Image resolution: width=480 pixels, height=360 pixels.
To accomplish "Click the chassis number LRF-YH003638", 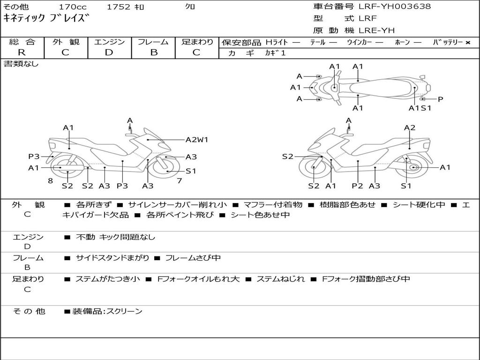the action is point(394,7).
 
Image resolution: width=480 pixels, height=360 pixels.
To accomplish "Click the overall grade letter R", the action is point(22,52).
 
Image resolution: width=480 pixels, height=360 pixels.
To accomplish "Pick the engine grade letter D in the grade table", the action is point(109,52).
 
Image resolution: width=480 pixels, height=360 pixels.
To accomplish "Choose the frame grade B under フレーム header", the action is point(153,52).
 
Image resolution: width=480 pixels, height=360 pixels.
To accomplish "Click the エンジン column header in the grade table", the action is point(109,42).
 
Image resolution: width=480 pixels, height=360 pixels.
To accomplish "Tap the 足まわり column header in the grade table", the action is point(197,42).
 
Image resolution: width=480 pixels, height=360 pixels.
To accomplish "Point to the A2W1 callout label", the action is point(197,139).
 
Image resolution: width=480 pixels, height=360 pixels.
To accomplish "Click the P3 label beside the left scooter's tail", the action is point(34,157).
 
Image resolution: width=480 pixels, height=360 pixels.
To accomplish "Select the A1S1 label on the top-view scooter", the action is point(420,108).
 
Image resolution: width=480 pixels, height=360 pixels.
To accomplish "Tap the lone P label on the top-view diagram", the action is point(440,99).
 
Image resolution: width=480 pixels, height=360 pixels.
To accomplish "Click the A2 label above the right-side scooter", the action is point(410,127).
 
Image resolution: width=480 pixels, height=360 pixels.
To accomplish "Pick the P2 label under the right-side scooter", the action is point(358,186).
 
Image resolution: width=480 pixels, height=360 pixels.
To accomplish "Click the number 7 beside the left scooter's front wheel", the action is point(180,180).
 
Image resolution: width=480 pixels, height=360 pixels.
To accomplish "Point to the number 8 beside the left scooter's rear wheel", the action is point(50,180).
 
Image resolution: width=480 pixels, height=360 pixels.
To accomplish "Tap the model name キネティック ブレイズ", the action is point(45,19).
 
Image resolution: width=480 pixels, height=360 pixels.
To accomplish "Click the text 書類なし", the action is point(21,64).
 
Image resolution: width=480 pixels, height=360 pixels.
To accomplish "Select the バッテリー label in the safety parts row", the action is point(448,42).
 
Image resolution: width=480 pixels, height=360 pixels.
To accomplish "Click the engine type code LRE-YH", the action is point(376,30).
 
